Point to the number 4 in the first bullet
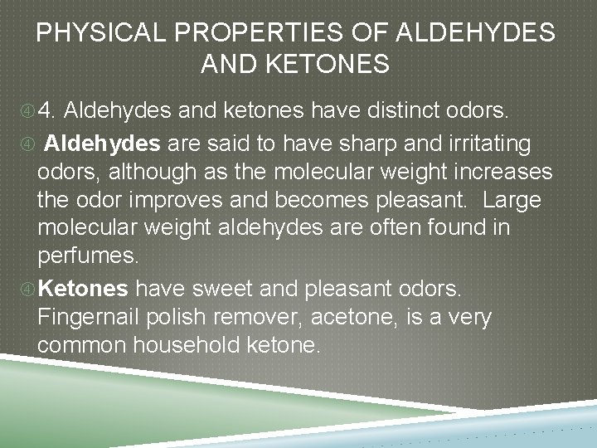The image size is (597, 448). pos(47,110)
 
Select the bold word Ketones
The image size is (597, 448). pos(84,288)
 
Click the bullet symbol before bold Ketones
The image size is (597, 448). pos(28,288)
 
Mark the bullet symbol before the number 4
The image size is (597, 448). pos(28,110)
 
